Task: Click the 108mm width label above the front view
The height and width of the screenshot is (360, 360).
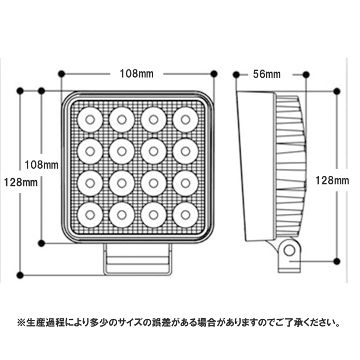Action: tap(137, 74)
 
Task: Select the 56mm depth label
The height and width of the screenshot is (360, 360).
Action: tap(267, 75)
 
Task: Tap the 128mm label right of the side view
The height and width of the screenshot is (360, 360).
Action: tap(332, 181)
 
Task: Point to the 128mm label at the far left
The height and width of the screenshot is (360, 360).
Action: tap(21, 183)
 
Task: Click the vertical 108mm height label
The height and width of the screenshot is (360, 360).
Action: tap(42, 165)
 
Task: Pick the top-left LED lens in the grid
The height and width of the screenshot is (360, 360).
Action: tap(90, 120)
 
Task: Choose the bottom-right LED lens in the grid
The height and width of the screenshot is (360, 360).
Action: tap(185, 215)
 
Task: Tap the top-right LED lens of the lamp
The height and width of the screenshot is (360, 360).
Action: tap(185, 120)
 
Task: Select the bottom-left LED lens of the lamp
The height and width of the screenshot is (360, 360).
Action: tap(90, 215)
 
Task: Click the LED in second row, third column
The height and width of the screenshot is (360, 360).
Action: tap(154, 152)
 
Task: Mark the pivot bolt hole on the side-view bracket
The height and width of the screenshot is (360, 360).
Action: tap(289, 250)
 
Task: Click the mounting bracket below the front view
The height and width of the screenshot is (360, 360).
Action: tap(137, 259)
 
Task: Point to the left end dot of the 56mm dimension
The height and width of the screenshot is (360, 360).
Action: tap(236, 75)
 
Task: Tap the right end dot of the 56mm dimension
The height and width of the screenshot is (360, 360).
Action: tap(306, 75)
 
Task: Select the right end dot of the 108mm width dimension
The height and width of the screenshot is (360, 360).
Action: tap(214, 74)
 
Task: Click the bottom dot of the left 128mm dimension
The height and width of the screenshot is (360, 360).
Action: tap(20, 275)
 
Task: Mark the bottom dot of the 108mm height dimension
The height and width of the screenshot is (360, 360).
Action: tap(41, 243)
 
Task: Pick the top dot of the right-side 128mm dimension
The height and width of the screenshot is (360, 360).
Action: tap(336, 91)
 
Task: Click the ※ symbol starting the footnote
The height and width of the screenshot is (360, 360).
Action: tap(22, 323)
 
